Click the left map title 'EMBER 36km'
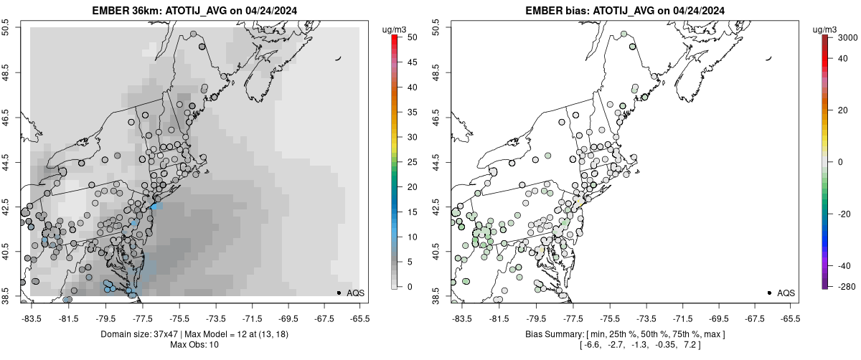pyautogui.click(x=122, y=11)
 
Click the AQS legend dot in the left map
pyautogui.click(x=338, y=293)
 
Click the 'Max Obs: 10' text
pyautogui.click(x=195, y=345)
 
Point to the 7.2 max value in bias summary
pyautogui.click(x=691, y=346)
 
